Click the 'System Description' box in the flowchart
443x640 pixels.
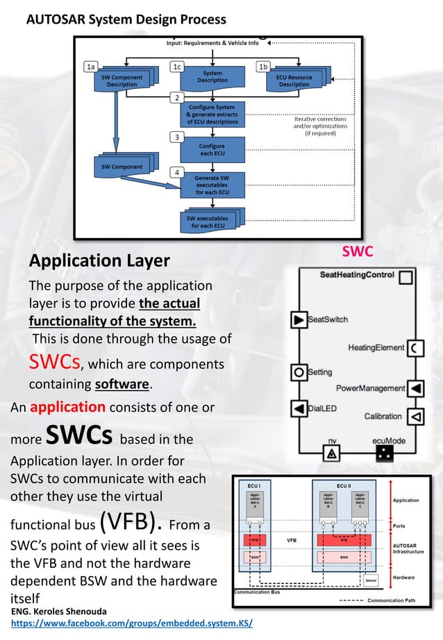coord(212,76)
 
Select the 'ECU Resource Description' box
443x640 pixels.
coord(294,80)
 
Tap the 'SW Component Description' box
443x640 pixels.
coord(117,81)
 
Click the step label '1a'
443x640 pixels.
coord(90,67)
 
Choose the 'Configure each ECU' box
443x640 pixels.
coord(211,151)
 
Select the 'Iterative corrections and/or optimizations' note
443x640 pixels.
coord(320,126)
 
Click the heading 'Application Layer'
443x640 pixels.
coord(99,260)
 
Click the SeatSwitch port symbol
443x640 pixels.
coord(298,320)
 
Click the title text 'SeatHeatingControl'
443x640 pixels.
coord(358,275)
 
